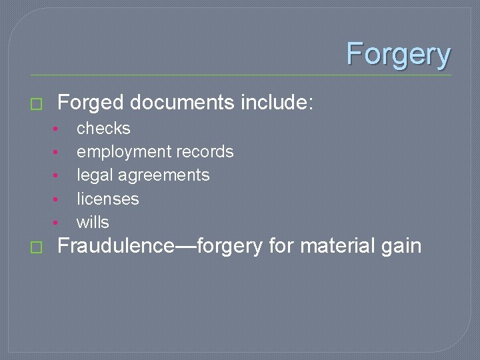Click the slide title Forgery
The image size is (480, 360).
point(398,54)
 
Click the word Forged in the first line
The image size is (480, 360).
point(91,103)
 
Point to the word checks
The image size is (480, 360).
point(103,128)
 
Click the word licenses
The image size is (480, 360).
point(107,199)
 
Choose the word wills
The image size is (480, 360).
point(93,222)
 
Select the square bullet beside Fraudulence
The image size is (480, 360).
point(36,247)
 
